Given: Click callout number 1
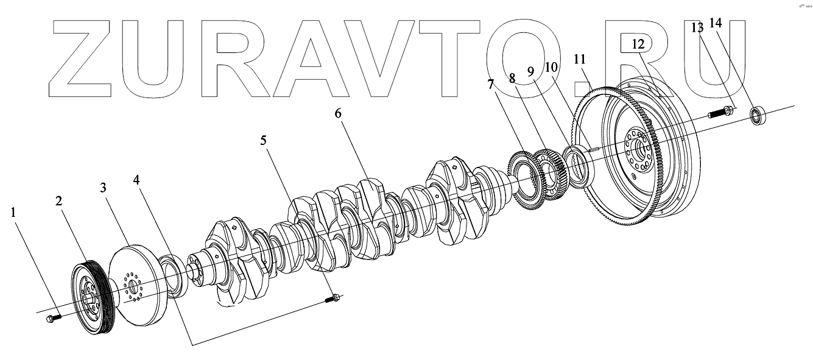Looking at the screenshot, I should tap(14, 213).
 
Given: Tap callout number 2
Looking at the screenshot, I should tap(59, 202).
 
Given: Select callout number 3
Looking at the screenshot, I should tap(105, 187).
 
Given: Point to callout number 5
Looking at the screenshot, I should tap(263, 141).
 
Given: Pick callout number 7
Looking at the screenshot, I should tap(491, 84).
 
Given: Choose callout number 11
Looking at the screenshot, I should tap(579, 59).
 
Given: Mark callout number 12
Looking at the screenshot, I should tap(638, 44).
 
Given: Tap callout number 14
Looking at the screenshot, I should tap(716, 23).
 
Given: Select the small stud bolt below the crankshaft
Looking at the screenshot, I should tap(333, 298).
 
